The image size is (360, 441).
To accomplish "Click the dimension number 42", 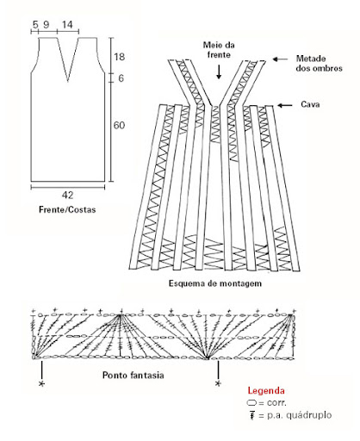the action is click(x=67, y=196).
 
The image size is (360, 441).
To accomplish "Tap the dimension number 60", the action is click(x=119, y=126).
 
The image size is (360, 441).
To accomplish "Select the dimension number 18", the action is click(x=119, y=57).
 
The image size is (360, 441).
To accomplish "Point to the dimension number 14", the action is click(x=67, y=25).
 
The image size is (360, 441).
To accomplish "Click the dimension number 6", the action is click(x=121, y=78).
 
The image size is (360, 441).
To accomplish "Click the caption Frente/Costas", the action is click(x=67, y=209).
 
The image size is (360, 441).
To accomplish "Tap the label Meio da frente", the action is click(x=219, y=50).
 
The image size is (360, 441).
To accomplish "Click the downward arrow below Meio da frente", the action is click(x=219, y=71).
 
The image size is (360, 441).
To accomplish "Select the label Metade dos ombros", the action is click(x=319, y=64).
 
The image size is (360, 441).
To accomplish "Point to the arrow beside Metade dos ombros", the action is click(x=280, y=59).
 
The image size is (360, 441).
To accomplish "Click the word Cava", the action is click(x=310, y=104).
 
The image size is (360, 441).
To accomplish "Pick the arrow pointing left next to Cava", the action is click(x=285, y=106).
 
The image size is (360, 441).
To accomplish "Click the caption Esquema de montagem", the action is click(x=215, y=283).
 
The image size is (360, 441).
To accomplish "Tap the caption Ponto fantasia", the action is click(x=133, y=376).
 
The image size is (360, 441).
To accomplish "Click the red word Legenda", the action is click(x=266, y=391).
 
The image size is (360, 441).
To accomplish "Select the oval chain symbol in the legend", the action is click(x=251, y=403).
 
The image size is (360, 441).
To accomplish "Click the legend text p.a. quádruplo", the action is click(x=299, y=415).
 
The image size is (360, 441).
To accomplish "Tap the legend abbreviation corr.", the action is click(x=276, y=403).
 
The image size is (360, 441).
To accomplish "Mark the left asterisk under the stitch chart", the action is click(x=42, y=383).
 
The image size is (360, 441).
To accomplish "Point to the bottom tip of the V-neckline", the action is click(x=68, y=81).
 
